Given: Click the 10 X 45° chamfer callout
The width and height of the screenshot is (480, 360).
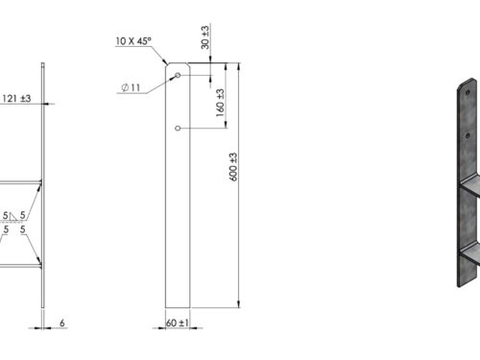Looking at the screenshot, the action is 133,41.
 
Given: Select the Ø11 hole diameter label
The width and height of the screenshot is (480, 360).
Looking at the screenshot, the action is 131,87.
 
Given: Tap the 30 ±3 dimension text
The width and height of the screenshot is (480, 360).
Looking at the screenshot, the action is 205,37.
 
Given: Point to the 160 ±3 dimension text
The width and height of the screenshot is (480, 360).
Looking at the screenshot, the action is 220,103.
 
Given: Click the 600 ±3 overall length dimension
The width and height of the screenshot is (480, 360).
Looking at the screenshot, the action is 234,167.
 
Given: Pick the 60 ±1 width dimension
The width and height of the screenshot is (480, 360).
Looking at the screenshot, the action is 178,323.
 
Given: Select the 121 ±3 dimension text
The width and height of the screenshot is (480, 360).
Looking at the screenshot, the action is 16,99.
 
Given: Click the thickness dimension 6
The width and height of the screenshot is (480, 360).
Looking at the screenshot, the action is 62,323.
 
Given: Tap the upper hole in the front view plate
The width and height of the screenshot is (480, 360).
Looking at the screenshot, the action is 178,75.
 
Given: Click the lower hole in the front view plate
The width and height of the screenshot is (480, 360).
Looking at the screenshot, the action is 178,128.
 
